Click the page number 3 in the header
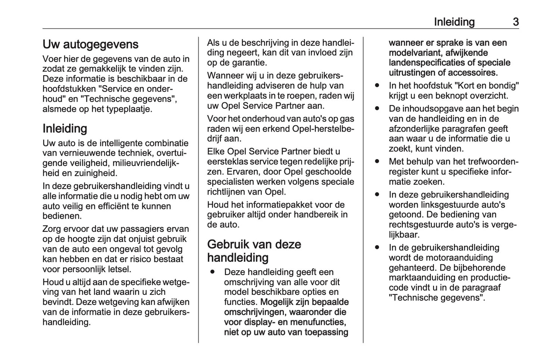(x=516, y=22)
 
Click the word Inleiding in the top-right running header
(x=454, y=22)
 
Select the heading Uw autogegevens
(x=90, y=44)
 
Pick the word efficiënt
(x=129, y=206)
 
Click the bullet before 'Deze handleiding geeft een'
(x=213, y=272)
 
